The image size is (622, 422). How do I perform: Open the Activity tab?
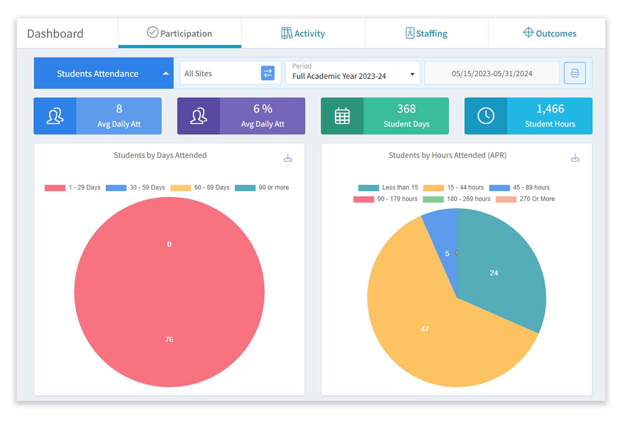(x=303, y=33)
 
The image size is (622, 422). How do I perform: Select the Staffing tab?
(x=426, y=33)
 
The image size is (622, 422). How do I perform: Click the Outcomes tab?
(x=550, y=33)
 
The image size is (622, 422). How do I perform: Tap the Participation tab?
(x=180, y=33)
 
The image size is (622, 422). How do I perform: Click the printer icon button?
(x=575, y=73)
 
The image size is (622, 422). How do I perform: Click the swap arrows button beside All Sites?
(x=267, y=73)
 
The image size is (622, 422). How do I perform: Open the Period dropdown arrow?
(x=412, y=74)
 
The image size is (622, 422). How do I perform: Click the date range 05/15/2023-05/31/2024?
(x=492, y=74)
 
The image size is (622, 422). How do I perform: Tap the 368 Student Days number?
(x=406, y=109)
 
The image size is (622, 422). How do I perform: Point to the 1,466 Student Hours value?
(x=550, y=109)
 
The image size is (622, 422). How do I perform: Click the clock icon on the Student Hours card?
(x=486, y=116)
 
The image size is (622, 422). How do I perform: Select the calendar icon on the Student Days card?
(x=342, y=116)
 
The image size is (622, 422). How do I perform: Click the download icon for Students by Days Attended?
(x=288, y=158)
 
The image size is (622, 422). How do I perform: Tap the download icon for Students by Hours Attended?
(x=575, y=158)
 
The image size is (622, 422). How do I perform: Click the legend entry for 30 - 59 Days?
(x=136, y=188)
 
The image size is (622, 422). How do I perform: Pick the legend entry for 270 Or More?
(x=525, y=199)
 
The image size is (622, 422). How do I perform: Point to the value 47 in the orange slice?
(x=425, y=329)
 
